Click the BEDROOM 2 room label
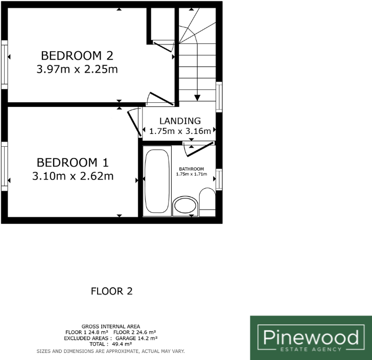click(77, 55)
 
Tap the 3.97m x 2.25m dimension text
click(77, 69)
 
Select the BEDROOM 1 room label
click(73, 163)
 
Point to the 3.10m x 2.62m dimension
click(73, 177)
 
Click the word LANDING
click(179, 121)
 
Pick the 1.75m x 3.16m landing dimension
click(180, 131)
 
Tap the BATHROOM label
click(191, 169)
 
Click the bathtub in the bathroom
click(157, 181)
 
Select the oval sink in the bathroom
click(184, 206)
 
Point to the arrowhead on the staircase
click(197, 98)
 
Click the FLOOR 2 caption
click(111, 291)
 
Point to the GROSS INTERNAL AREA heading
click(111, 326)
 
